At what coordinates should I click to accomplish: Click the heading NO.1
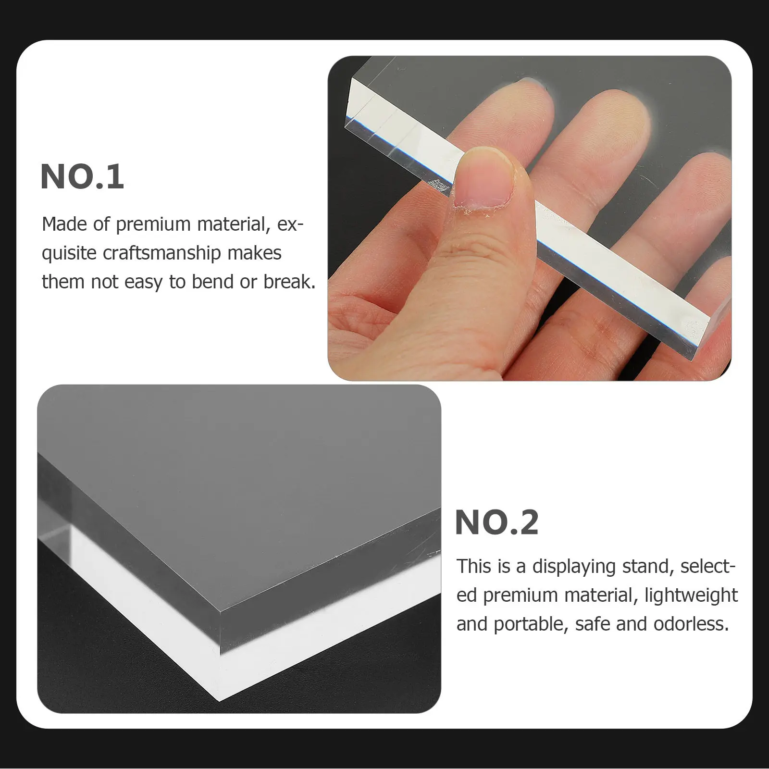[x=82, y=177]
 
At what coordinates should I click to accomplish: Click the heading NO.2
[x=496, y=522]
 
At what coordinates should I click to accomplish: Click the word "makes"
[x=255, y=253]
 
